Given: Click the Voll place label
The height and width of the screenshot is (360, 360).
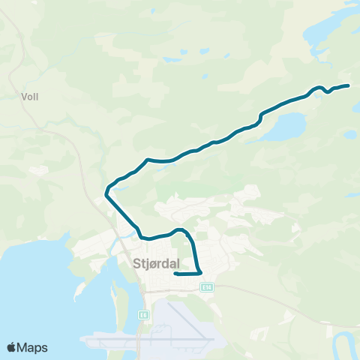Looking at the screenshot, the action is (x=31, y=96).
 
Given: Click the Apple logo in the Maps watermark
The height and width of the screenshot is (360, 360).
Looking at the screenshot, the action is (x=13, y=347).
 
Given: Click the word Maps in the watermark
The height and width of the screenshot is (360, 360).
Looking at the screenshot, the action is (x=33, y=347).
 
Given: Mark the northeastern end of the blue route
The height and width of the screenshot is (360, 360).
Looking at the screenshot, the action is (x=349, y=85).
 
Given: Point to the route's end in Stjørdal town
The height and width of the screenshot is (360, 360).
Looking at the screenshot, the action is (x=175, y=274).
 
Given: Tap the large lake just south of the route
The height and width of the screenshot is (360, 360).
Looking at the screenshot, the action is (x=285, y=127).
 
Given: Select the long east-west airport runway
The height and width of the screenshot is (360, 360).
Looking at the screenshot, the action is (x=150, y=340).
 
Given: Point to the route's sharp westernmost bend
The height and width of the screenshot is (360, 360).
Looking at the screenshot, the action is (x=106, y=193).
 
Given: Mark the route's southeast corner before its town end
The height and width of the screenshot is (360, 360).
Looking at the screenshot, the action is (x=201, y=272).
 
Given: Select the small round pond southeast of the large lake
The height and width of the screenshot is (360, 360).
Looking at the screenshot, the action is (x=349, y=133).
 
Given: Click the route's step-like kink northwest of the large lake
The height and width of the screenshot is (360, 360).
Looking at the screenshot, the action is (x=260, y=116).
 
